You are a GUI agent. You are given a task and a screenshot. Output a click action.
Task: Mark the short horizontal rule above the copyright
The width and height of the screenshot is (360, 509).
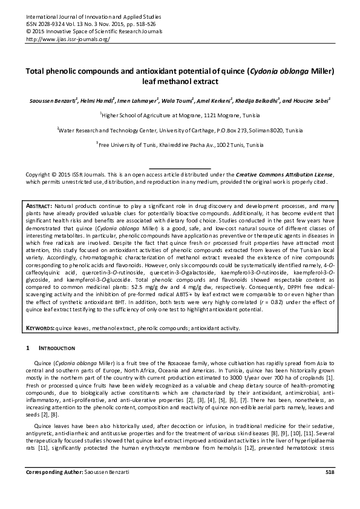[x=180, y=167]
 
